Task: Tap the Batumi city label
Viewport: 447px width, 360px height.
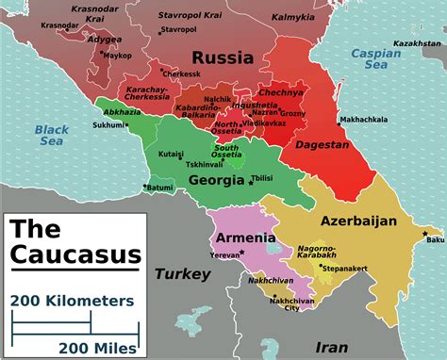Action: pyautogui.click(x=161, y=188)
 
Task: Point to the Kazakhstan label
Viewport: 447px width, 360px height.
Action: pyautogui.click(x=417, y=43)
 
